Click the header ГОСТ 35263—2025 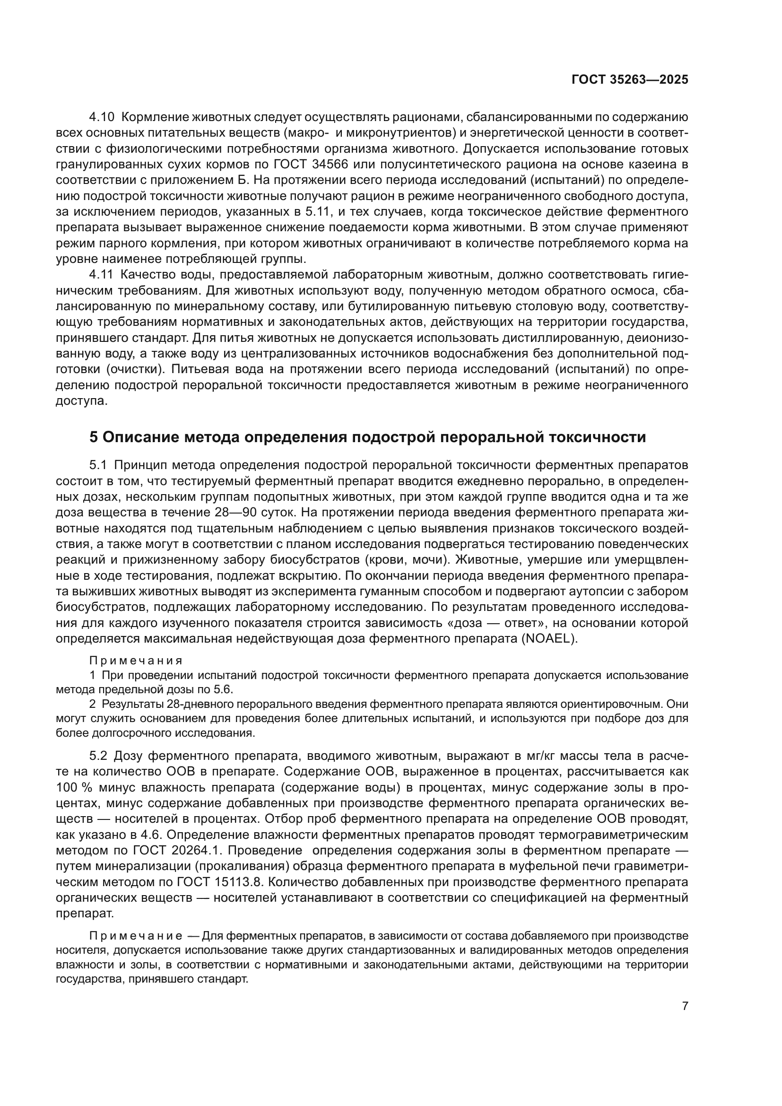629,80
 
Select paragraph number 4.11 101,275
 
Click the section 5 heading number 94,437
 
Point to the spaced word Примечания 136,661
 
